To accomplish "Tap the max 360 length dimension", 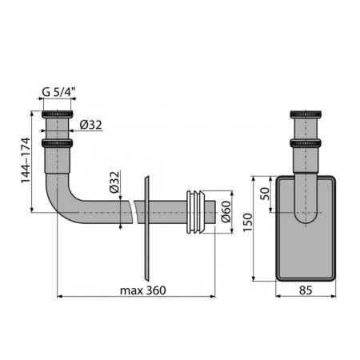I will click(143, 290).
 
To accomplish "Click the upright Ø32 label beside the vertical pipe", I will click(90, 124).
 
